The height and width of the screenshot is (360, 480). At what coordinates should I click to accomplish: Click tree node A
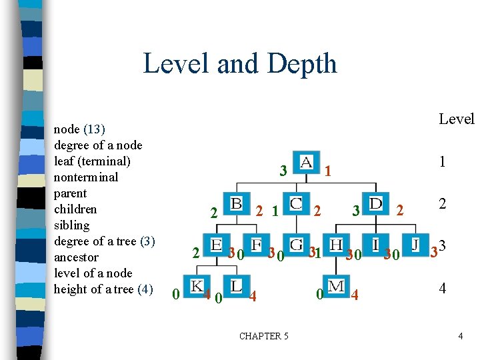click(x=306, y=163)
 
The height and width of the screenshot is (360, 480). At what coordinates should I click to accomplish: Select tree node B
click(x=237, y=203)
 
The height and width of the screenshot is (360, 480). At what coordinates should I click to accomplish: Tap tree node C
click(x=297, y=203)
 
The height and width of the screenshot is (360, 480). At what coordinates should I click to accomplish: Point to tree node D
click(x=377, y=203)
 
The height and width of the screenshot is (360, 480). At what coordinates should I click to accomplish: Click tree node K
click(x=197, y=285)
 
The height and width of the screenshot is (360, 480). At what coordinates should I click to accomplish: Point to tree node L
click(x=237, y=285)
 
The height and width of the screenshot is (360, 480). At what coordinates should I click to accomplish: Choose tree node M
click(x=337, y=285)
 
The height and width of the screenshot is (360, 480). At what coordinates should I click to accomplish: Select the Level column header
click(x=456, y=119)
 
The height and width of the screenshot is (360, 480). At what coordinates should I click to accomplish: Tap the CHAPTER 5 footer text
click(x=264, y=336)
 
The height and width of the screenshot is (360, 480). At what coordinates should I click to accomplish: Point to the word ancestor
click(x=76, y=257)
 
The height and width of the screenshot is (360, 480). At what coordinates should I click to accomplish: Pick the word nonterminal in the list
click(x=86, y=177)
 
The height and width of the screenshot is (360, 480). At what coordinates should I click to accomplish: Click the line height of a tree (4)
click(x=103, y=289)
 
